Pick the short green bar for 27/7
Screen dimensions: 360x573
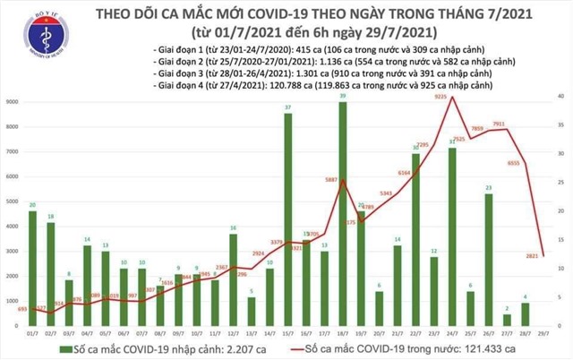(508, 320)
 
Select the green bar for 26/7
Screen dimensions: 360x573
(489, 260)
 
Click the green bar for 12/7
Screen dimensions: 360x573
(232, 280)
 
